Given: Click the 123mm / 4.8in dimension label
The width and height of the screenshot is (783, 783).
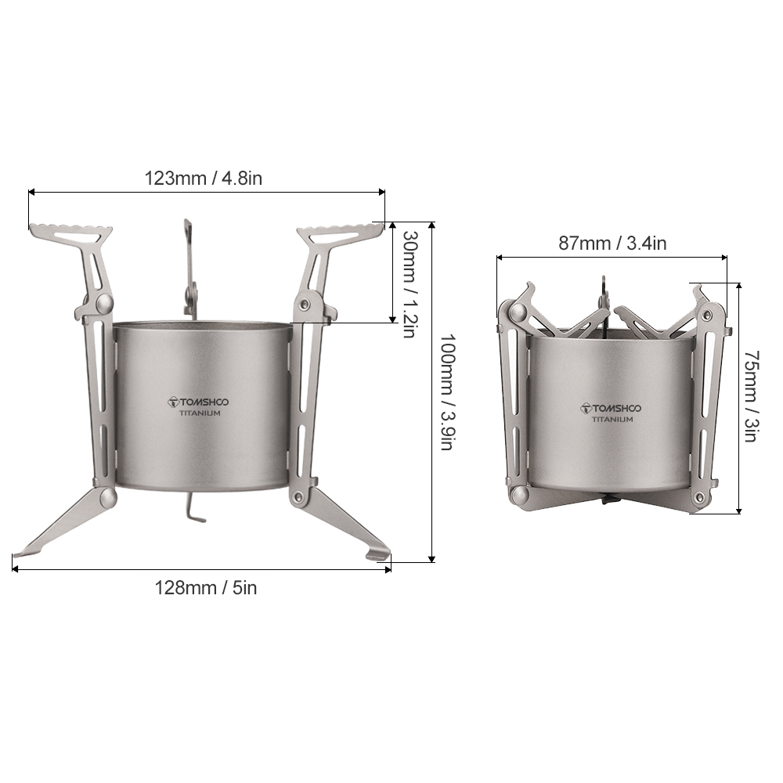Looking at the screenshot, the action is click(204, 179).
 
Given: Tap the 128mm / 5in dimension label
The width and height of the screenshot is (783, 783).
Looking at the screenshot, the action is click(206, 588).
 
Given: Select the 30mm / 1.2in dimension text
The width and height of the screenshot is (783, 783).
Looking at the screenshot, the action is click(410, 284).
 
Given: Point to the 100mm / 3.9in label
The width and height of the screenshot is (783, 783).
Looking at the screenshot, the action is click(447, 392).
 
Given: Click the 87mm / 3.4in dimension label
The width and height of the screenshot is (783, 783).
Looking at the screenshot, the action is click(612, 244).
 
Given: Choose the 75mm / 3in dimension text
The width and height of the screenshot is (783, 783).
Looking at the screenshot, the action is click(751, 396).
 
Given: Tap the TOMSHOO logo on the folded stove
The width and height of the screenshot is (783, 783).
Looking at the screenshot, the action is click(611, 409).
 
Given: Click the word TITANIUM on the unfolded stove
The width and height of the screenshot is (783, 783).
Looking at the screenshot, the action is click(200, 413).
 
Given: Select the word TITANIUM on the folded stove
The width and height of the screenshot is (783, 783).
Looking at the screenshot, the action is click(612, 420).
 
